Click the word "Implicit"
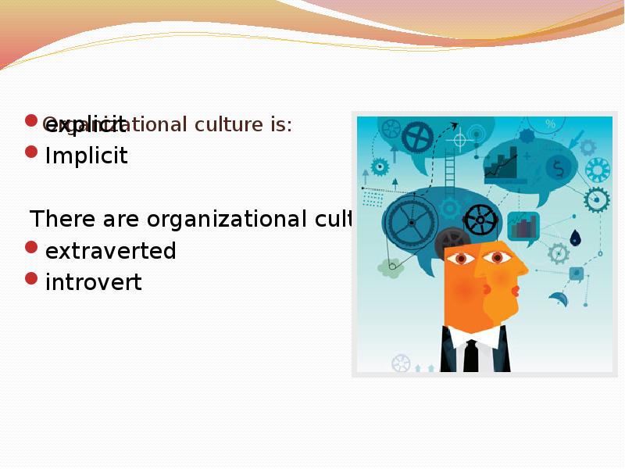(x=86, y=156)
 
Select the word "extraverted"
(x=110, y=252)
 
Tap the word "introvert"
(x=93, y=282)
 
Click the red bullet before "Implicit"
(x=30, y=152)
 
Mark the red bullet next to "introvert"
(x=30, y=277)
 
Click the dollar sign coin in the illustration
(x=559, y=167)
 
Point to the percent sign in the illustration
(x=550, y=124)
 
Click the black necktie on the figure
(x=470, y=356)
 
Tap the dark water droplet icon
(x=575, y=237)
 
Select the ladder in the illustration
(x=449, y=172)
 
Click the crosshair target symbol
(x=459, y=140)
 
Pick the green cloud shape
(x=390, y=268)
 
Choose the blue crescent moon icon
(x=559, y=299)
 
